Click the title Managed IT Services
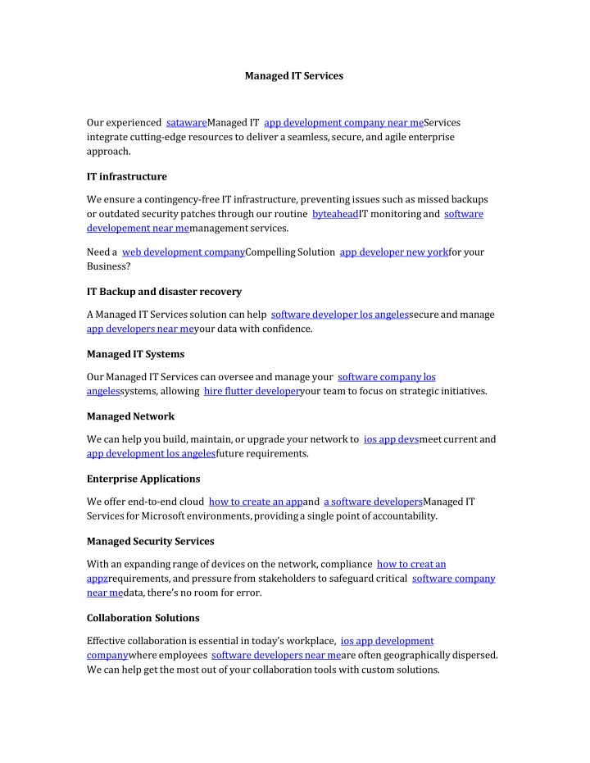coord(294,75)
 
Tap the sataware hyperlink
coord(186,122)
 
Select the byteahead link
coord(335,213)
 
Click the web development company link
coord(184,252)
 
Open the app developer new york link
coord(394,252)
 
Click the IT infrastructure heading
coord(127,175)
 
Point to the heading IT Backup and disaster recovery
coord(164,291)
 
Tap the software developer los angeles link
coord(339,314)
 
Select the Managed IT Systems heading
coord(135,353)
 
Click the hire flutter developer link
coord(252,391)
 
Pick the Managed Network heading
coord(130,416)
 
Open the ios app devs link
coord(391,438)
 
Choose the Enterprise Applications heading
coord(143,478)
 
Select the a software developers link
coord(373,501)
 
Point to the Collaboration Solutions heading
coord(143,617)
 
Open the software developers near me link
coord(275,655)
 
